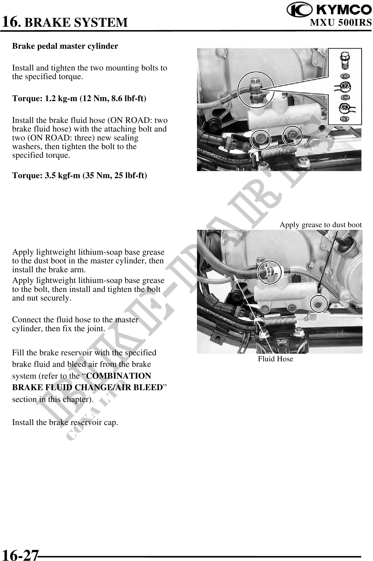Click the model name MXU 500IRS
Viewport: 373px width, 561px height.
pyautogui.click(x=341, y=23)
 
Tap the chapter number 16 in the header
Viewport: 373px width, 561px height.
pyautogui.click(x=10, y=21)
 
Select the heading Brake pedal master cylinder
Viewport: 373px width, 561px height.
pyautogui.click(x=65, y=46)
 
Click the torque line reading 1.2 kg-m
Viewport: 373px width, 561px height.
pyautogui.click(x=79, y=99)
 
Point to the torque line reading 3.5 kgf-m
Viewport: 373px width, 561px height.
pyautogui.click(x=80, y=175)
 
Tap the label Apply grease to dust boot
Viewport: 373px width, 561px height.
pyautogui.click(x=321, y=225)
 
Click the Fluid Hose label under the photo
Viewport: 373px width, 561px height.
pyautogui.click(x=276, y=359)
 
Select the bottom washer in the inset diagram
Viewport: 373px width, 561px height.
pyautogui.click(x=345, y=119)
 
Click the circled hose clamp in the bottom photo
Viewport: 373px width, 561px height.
pyautogui.click(x=270, y=273)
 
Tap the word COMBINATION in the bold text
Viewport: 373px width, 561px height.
pyautogui.click(x=118, y=376)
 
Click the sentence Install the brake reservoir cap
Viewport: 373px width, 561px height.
pyautogui.click(x=65, y=422)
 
